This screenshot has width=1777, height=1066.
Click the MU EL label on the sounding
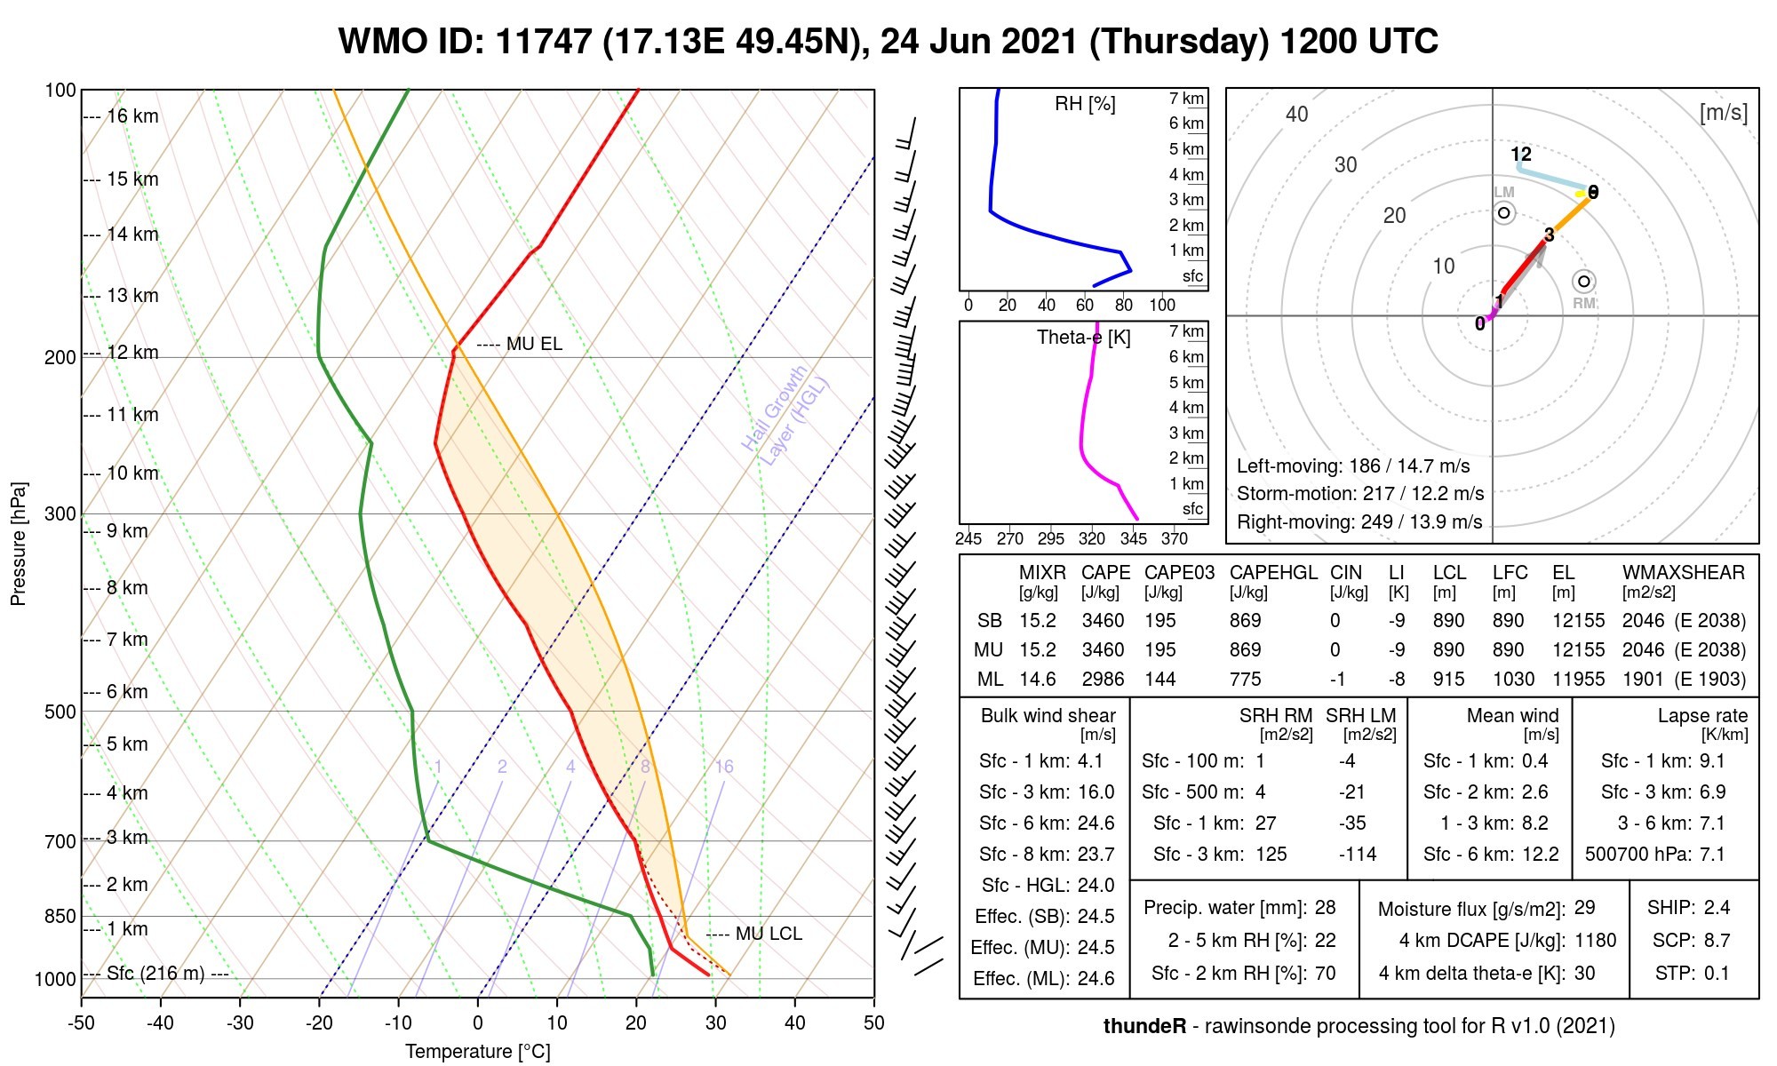pos(534,344)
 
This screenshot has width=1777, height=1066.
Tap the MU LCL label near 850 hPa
pos(769,934)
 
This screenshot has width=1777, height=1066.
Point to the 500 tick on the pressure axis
pos(60,712)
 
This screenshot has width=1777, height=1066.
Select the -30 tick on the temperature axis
pos(240,1022)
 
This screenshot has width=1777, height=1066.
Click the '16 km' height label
pos(132,116)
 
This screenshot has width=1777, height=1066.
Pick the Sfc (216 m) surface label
pos(155,974)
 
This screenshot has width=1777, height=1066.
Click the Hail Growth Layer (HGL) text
pos(785,414)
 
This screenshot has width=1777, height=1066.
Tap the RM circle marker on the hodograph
pos(1583,282)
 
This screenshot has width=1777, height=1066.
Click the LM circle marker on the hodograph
pos(1503,213)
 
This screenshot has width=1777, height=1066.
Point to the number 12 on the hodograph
pos(1521,155)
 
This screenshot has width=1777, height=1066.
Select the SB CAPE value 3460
pos(1103,621)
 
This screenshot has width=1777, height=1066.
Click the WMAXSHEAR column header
pos(1684,573)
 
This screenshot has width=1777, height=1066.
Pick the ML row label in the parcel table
pos(990,680)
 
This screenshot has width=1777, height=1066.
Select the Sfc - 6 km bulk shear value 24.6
pos(1096,823)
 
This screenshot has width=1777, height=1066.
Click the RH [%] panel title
pos(1085,104)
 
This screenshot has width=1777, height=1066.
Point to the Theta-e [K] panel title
pos(1084,338)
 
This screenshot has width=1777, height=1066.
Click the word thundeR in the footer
pos(1144,1026)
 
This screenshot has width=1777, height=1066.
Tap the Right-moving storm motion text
pos(1359,522)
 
